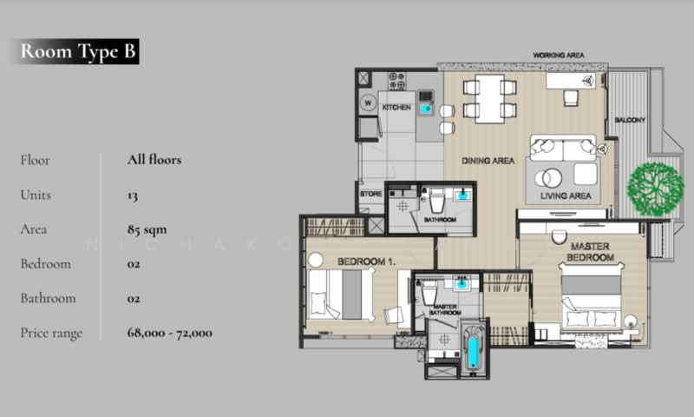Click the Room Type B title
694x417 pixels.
(x=78, y=51)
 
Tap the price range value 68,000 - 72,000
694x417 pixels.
(x=168, y=333)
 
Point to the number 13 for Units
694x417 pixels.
(x=132, y=195)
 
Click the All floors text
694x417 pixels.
(x=153, y=160)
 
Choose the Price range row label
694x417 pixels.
(x=51, y=333)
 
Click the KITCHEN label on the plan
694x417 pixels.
(x=396, y=107)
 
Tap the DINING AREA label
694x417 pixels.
(x=488, y=161)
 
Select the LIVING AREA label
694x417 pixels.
(x=565, y=196)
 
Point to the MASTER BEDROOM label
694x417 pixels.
(x=590, y=252)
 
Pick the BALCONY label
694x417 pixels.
(x=629, y=120)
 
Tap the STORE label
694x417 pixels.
(x=371, y=194)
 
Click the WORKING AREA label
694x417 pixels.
(x=558, y=55)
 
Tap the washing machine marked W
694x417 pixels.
(x=367, y=103)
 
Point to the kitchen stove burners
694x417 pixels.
(x=397, y=81)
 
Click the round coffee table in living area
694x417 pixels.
(x=547, y=179)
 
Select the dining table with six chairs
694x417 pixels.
(x=488, y=97)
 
